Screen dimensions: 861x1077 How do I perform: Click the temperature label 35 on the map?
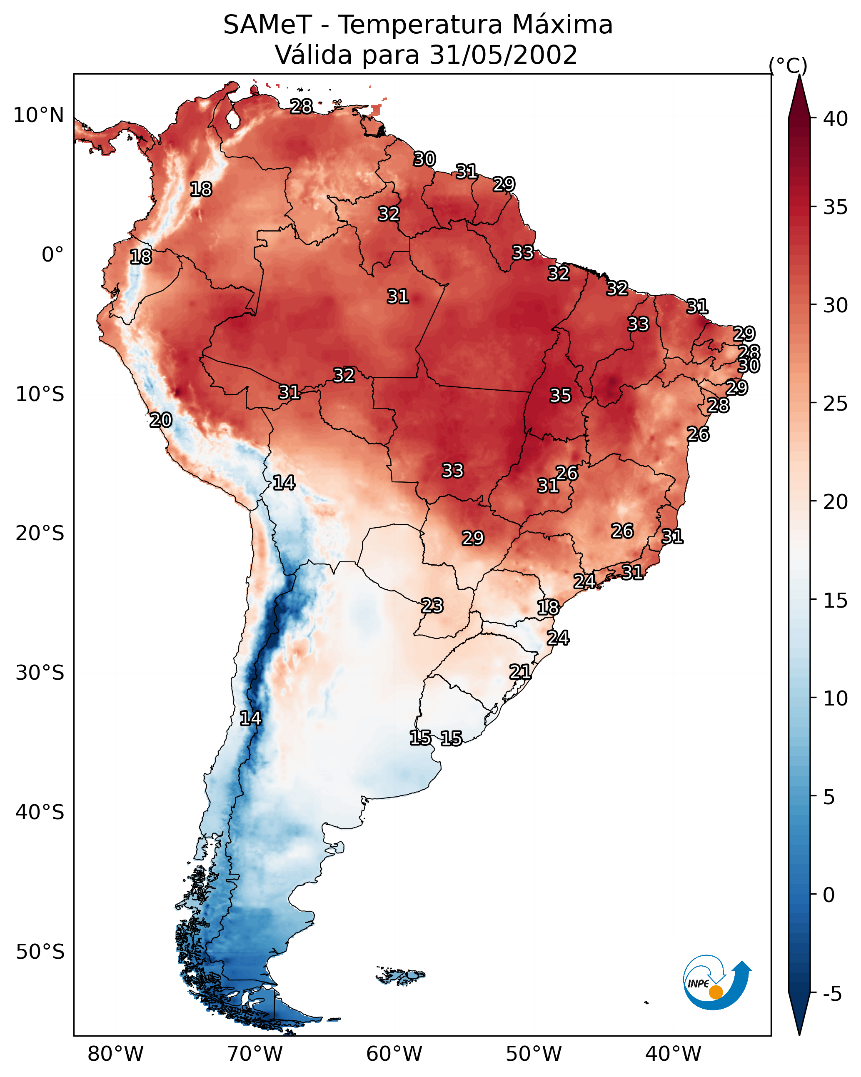click(560, 396)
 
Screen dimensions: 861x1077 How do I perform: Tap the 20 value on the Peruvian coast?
click(161, 420)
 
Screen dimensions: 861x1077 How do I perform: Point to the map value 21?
click(520, 672)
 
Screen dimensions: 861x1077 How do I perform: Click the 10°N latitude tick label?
click(38, 115)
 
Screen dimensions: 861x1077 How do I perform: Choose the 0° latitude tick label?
click(52, 255)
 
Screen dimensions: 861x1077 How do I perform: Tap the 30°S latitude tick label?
click(40, 673)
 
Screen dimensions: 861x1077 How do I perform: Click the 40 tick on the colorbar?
click(836, 119)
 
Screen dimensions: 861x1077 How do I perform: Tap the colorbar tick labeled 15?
click(836, 601)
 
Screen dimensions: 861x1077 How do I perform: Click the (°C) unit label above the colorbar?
click(788, 65)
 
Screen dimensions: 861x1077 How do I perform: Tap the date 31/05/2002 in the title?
click(504, 55)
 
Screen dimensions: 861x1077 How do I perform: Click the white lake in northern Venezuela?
click(232, 119)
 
